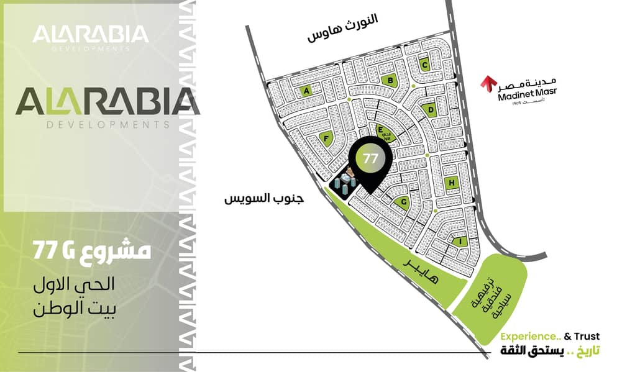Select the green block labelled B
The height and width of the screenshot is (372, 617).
pyautogui.click(x=390, y=79)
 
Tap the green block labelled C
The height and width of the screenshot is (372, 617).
pyautogui.click(x=425, y=64)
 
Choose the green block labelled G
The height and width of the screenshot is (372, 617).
pyautogui.click(x=403, y=202)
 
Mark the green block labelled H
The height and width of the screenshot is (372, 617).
pyautogui.click(x=452, y=183)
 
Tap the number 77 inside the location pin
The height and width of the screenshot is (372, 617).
pyautogui.click(x=370, y=158)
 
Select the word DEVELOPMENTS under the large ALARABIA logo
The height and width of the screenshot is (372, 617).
pyautogui.click(x=108, y=125)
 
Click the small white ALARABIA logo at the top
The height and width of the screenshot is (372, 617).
pyautogui.click(x=91, y=34)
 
